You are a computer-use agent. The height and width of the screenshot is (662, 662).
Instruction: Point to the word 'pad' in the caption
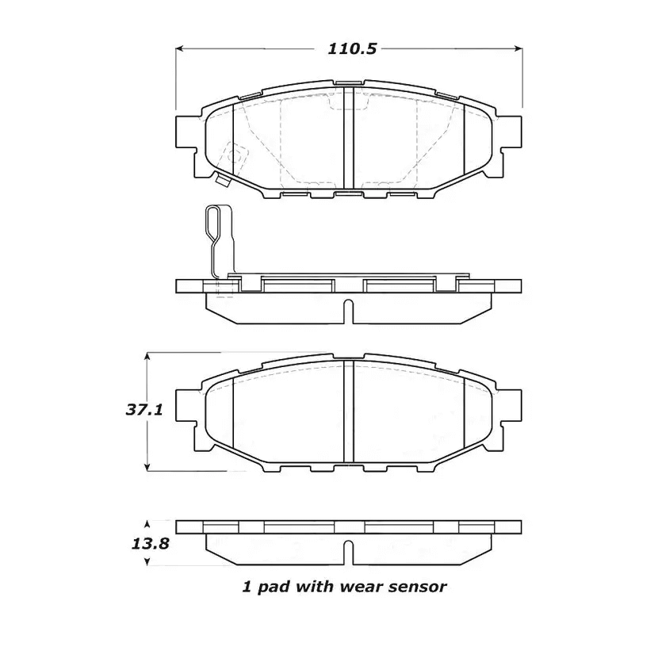270,587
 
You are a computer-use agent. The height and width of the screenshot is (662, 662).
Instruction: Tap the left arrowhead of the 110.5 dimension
179,48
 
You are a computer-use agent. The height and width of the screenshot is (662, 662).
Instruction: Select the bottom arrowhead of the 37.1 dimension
147,468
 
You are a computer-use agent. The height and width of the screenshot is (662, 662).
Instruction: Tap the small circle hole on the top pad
234,156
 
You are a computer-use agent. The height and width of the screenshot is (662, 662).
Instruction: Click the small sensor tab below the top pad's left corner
223,181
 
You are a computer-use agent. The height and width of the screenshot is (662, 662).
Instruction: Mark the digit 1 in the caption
246,587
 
